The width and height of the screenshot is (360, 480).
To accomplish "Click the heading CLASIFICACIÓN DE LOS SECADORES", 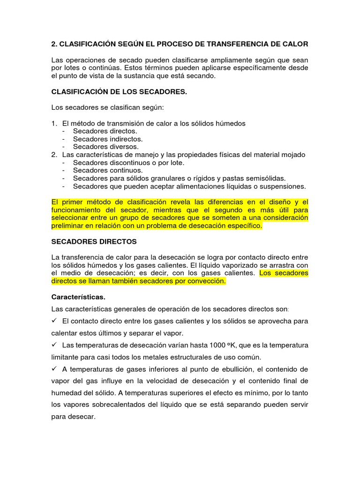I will point(119,92).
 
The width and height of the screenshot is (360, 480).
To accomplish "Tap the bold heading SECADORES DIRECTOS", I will point(94,241).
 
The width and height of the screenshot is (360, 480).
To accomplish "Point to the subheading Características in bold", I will point(78,297).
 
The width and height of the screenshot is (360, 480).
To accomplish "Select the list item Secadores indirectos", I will point(108,139).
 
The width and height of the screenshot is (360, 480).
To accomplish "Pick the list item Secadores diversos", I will point(106,147).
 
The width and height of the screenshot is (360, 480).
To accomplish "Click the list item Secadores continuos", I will point(108,170).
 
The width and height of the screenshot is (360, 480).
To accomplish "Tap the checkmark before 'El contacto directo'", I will point(54,321).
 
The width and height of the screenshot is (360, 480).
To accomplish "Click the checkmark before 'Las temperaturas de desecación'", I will point(54,345).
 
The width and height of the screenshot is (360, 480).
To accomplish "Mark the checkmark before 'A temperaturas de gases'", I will point(54,368).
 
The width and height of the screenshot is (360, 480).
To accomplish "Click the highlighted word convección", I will point(205,281).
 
